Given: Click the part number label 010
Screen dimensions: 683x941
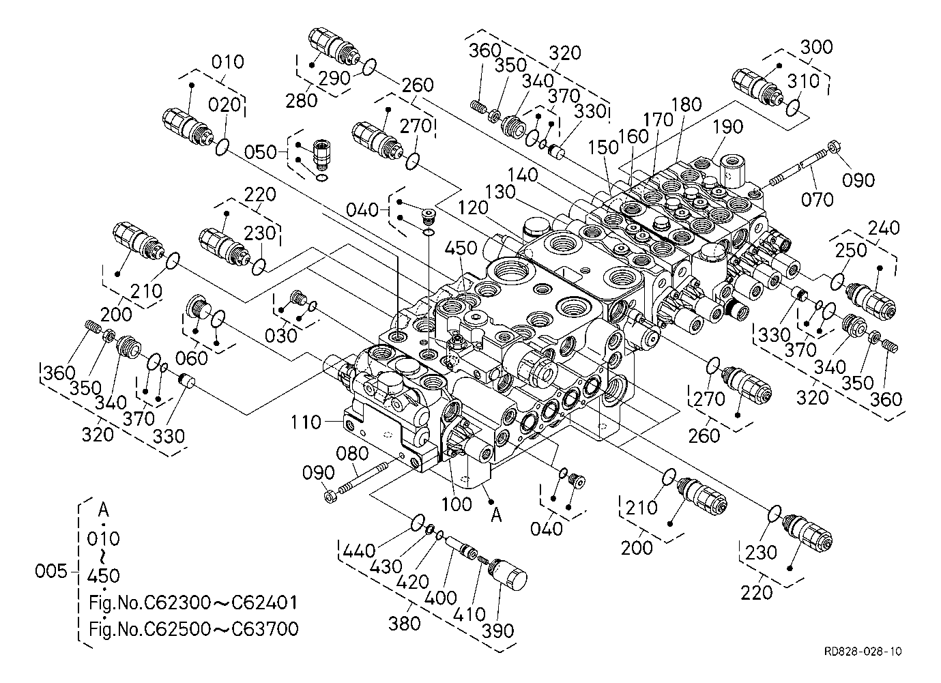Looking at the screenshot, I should coord(227,62).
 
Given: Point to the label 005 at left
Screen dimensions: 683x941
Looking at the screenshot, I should coord(52,570).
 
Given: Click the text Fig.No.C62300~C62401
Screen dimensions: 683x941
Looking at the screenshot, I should coord(193,603).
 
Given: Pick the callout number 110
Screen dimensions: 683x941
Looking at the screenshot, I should coord(305,422).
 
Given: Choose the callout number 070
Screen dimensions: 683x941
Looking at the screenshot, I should coord(817,199).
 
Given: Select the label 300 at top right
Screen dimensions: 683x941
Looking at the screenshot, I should coord(816,47).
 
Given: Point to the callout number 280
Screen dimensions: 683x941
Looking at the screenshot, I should coord(302,100).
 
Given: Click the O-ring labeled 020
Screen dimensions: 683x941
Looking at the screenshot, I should coord(222,146).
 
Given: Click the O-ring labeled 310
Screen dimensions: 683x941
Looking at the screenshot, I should coord(792,107).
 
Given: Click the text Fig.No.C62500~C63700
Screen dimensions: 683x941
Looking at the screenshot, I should coord(193,628).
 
